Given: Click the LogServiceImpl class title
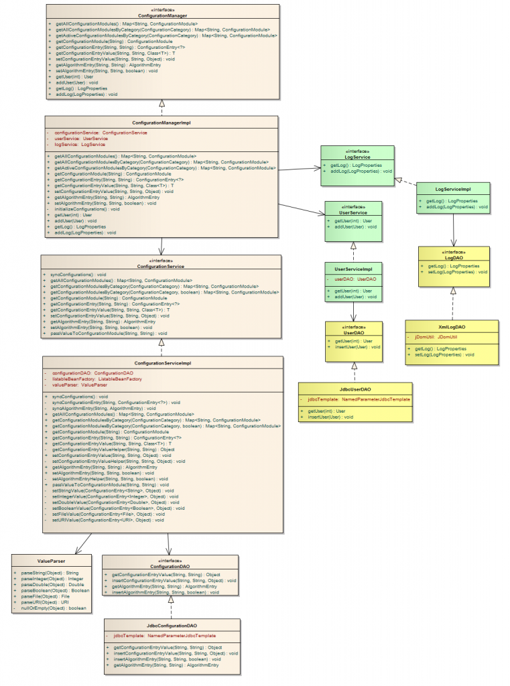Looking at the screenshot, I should click(x=452, y=190).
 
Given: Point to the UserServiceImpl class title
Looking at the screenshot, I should click(x=353, y=269).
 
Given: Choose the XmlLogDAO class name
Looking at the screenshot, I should click(x=452, y=327).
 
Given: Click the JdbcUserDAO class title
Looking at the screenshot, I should click(x=355, y=389).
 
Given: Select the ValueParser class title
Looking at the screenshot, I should click(x=52, y=561).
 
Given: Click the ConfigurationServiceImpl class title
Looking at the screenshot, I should click(x=162, y=362).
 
